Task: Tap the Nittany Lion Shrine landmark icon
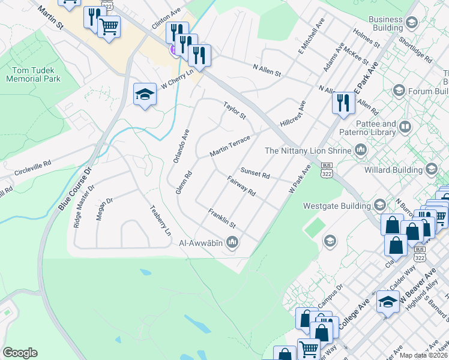point(361,149)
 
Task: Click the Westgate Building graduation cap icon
point(379,206)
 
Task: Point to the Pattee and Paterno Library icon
point(406,128)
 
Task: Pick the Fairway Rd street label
point(242,186)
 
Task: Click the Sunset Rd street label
point(255,173)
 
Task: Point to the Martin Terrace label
point(229,147)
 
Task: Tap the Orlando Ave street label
point(181,146)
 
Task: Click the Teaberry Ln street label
point(160,220)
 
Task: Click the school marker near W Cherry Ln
point(145,94)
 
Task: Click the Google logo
point(20,353)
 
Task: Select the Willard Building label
point(393,170)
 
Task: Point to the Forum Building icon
point(399,91)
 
